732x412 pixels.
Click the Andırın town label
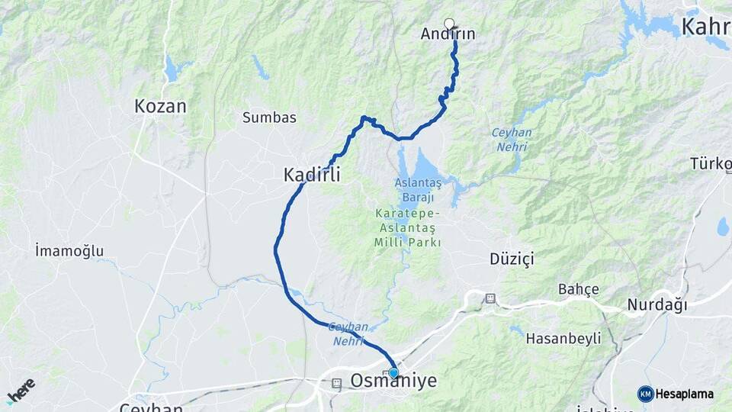[448, 34]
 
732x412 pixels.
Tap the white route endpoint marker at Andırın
[449, 24]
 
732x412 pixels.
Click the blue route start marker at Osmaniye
[393, 372]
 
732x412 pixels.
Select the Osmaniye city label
[393, 381]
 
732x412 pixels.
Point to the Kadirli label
[312, 175]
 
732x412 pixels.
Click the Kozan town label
[160, 106]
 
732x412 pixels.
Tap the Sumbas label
[269, 117]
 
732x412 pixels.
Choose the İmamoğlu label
[69, 250]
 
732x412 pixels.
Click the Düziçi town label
[512, 259]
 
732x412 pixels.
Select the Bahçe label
[579, 289]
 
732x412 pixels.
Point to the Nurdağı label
[657, 305]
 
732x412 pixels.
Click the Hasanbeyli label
[564, 337]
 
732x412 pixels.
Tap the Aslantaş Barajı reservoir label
[418, 188]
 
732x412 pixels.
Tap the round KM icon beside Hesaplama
[645, 394]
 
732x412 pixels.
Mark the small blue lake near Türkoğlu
[722, 227]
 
